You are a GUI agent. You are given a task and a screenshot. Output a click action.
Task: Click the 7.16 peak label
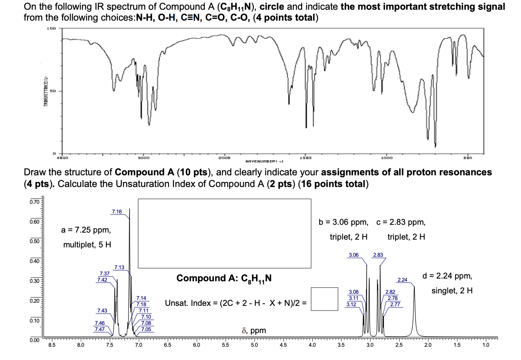(x=117, y=212)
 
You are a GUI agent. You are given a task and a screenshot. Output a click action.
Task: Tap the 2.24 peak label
(x=402, y=280)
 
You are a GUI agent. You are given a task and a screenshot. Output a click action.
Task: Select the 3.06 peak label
(x=354, y=255)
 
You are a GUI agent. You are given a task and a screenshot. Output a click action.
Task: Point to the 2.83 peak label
(x=378, y=255)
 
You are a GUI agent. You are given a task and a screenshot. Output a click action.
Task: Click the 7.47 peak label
(x=99, y=329)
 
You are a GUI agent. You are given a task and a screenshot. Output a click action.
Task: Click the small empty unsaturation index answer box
(x=324, y=299)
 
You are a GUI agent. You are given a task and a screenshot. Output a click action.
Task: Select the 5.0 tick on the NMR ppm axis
(x=254, y=344)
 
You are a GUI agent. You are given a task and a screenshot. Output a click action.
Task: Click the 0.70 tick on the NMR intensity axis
(x=35, y=202)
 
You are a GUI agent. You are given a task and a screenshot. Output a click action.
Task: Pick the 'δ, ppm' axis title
(x=254, y=331)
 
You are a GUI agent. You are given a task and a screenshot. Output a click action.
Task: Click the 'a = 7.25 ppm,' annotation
(x=86, y=230)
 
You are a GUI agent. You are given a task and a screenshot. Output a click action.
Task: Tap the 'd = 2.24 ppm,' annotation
(x=447, y=276)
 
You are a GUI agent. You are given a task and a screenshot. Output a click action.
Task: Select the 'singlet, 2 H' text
(x=452, y=291)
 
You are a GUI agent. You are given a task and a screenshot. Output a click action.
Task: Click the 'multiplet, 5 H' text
(x=87, y=245)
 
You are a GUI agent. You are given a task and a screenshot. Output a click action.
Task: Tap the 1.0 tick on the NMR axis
(x=485, y=344)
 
